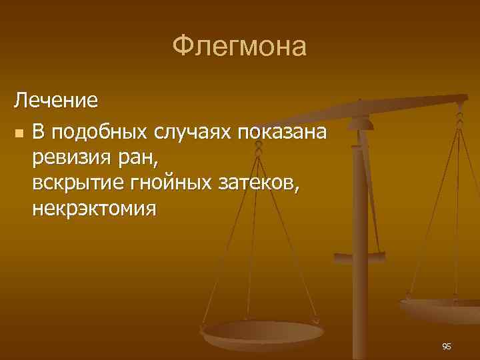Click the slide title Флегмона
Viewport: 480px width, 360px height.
coord(239,46)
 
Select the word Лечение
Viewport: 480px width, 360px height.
coord(57,101)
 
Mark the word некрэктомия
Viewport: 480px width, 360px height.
coord(93,209)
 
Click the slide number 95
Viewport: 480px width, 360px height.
coord(446,346)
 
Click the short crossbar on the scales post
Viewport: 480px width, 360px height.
coord(360,255)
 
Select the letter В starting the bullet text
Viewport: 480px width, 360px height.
coord(37,132)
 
